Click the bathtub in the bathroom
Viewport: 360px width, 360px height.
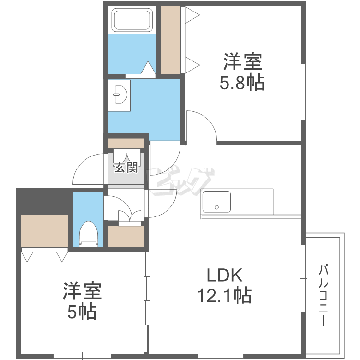click(x=132, y=20)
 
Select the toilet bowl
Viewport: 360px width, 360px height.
click(x=88, y=234)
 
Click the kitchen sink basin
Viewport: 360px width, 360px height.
click(x=216, y=202)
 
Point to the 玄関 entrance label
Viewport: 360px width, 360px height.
click(x=126, y=167)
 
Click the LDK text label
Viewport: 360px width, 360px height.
click(x=225, y=276)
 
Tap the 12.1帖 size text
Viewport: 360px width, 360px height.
click(x=224, y=296)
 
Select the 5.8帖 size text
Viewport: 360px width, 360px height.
click(x=242, y=83)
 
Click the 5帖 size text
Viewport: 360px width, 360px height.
click(x=82, y=312)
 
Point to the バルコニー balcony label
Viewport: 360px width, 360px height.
click(x=323, y=296)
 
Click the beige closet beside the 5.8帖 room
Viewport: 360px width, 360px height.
click(x=170, y=40)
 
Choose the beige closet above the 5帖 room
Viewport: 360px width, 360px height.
click(x=45, y=231)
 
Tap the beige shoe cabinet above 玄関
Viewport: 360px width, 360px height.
click(x=126, y=143)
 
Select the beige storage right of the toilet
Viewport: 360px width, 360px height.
click(x=126, y=237)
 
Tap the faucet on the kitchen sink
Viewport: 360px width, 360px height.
click(x=212, y=208)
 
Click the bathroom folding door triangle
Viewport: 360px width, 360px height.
click(x=148, y=68)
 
